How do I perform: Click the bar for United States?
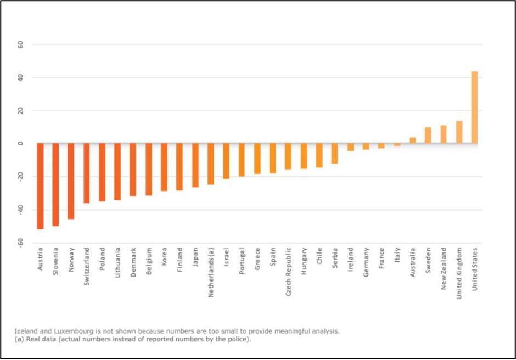[474, 108]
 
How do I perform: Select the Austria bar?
[40, 186]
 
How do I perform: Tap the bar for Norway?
[71, 181]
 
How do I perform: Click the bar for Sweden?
[428, 136]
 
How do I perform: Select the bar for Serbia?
[335, 154]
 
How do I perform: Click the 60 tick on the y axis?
[21, 44]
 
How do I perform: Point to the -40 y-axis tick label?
[20, 210]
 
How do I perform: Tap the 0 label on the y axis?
[21, 144]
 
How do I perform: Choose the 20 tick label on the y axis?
[21, 111]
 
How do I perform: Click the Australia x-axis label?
[412, 263]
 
